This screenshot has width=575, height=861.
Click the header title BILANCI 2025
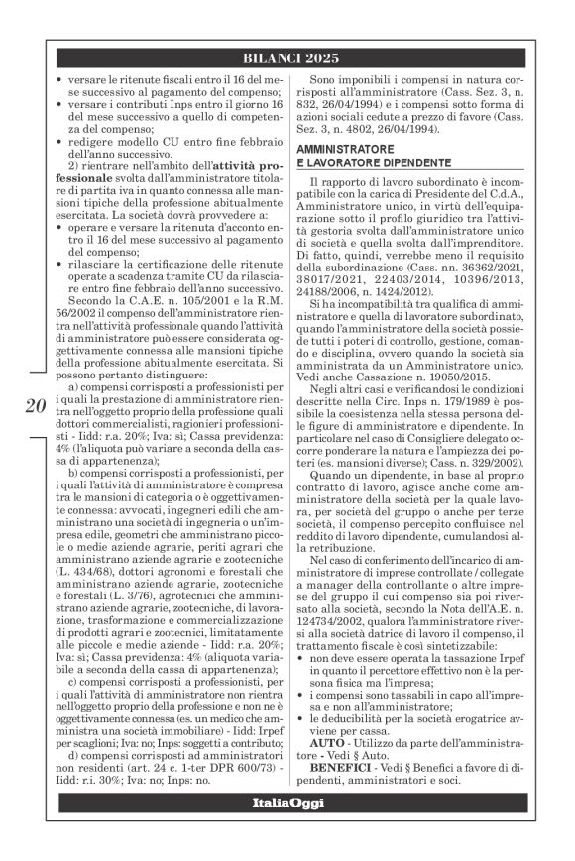click(287, 57)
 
